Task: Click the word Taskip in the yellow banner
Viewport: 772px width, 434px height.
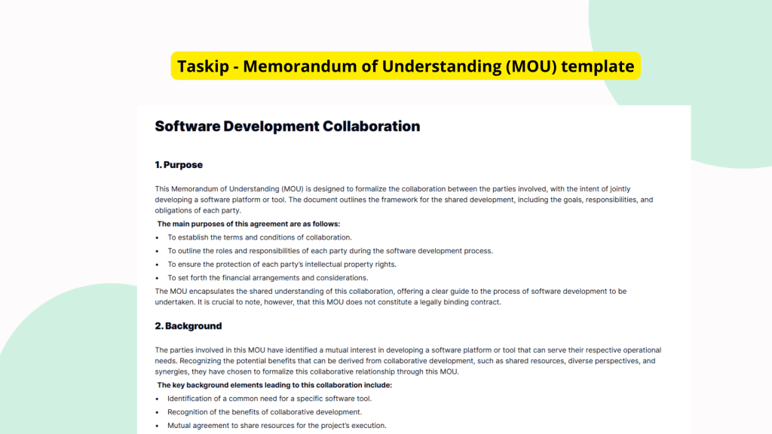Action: click(201, 66)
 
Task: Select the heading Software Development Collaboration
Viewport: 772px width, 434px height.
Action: click(287, 126)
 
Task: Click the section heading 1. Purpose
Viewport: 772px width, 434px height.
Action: click(179, 164)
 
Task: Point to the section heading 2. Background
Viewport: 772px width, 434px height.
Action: click(188, 325)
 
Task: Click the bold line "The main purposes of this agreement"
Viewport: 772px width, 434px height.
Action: click(248, 224)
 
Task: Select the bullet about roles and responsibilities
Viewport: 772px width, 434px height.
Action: click(329, 251)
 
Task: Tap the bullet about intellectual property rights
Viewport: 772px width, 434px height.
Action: click(281, 264)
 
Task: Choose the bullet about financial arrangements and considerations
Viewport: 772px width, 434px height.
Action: click(268, 277)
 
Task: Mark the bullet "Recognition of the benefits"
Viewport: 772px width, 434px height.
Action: click(265, 412)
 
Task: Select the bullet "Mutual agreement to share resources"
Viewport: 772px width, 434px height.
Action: click(277, 426)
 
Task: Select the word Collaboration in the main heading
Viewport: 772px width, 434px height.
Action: click(371, 126)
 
